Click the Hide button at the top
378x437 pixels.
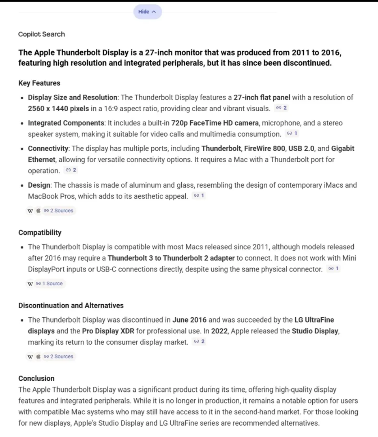[147, 12]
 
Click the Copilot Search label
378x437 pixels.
[41, 34]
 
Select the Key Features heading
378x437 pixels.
[39, 83]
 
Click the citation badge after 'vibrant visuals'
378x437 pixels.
[281, 108]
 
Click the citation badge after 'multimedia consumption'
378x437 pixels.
[292, 134]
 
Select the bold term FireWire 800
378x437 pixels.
[265, 148]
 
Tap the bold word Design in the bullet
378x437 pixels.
[39, 185]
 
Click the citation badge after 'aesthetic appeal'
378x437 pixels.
[199, 196]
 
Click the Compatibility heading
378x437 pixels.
[40, 233]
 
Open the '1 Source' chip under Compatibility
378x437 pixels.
[49, 284]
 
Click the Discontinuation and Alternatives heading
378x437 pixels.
[71, 305]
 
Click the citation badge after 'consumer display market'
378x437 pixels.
[199, 342]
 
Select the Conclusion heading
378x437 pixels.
[37, 378]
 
